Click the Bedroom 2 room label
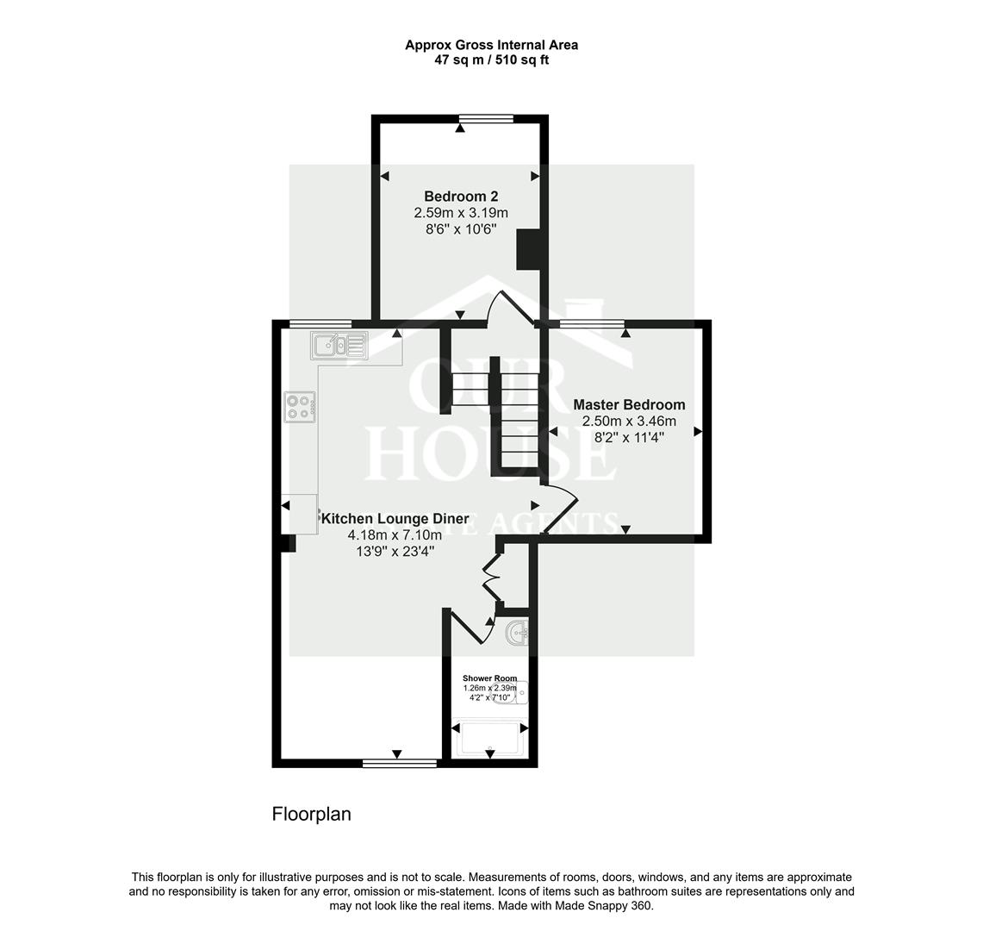pyautogui.click(x=461, y=197)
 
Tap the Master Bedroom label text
pyautogui.click(x=629, y=404)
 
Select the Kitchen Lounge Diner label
pyautogui.click(x=395, y=519)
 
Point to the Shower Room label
pyautogui.click(x=489, y=678)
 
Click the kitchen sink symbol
pyautogui.click(x=339, y=346)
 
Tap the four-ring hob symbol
pyautogui.click(x=300, y=407)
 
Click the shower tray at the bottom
pyautogui.click(x=489, y=738)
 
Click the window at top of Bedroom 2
pyautogui.click(x=486, y=119)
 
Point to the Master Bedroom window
pyautogui.click(x=591, y=324)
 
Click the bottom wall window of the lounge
pyautogui.click(x=399, y=762)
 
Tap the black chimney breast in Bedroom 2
pyautogui.click(x=526, y=248)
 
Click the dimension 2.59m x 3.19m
pyautogui.click(x=461, y=213)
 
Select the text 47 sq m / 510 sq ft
pyautogui.click(x=491, y=60)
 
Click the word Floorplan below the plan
pyautogui.click(x=311, y=814)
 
